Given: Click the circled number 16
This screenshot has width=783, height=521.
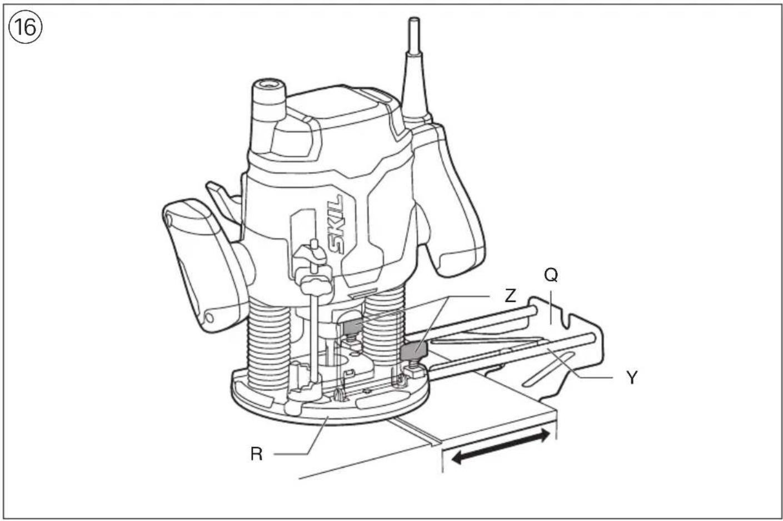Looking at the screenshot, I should pos(25,26).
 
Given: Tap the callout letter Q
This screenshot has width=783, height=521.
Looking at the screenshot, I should pos(551,274).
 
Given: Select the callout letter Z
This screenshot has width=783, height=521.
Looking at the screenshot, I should pos(510,295).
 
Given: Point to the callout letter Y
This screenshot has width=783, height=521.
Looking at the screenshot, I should pos(632,378).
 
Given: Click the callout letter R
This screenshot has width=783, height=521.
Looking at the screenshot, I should pos(256,454).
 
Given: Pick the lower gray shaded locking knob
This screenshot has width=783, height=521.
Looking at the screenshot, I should pos(412,351).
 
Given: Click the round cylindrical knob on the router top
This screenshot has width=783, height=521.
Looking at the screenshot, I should pos(270,100).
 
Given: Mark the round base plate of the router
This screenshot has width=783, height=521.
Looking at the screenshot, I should pos(333,411).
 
